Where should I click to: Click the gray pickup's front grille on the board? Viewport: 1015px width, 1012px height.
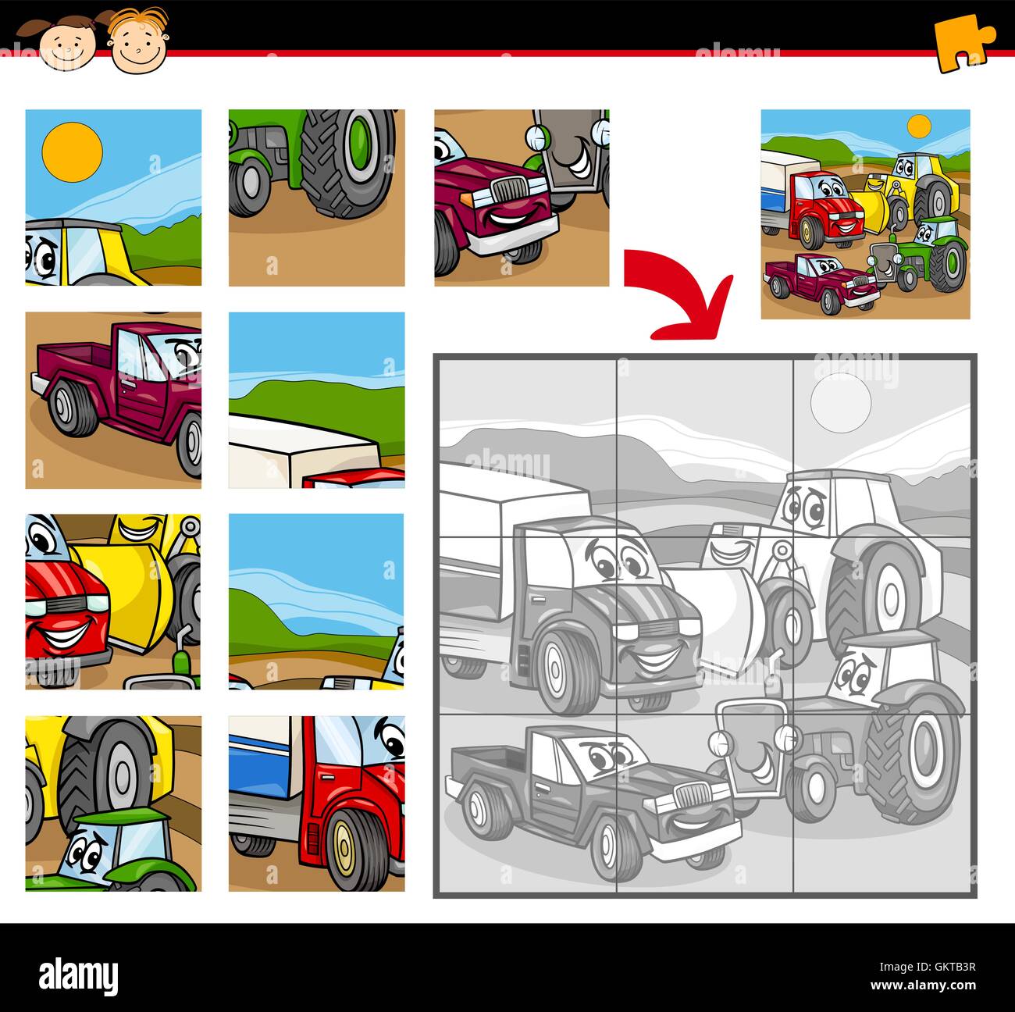(690, 795)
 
